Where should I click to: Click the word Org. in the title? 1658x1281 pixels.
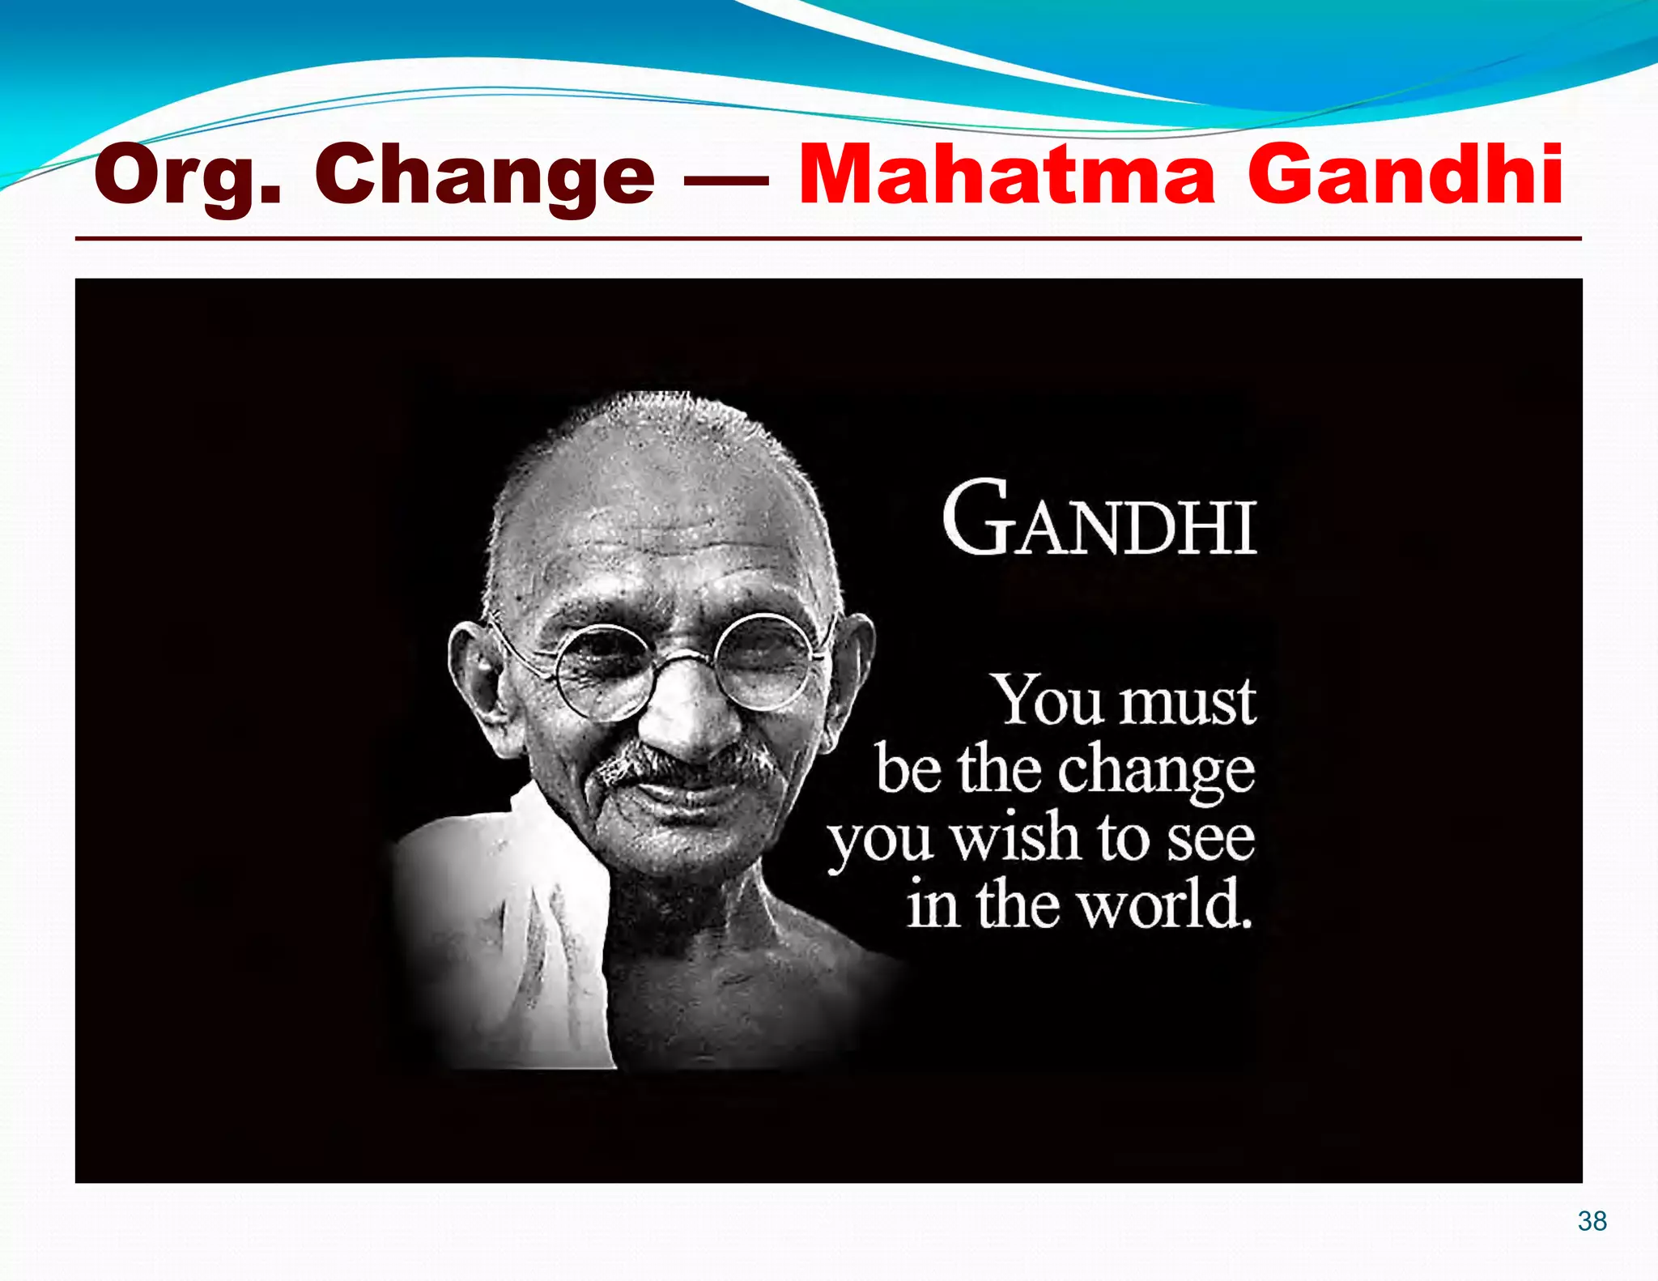tap(188, 175)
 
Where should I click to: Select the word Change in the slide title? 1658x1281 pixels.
tap(484, 175)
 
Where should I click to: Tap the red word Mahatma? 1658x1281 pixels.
tap(1006, 173)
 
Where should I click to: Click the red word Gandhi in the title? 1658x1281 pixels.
tap(1405, 173)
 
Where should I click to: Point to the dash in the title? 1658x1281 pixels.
tap(726, 180)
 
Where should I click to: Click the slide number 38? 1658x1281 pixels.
tap(1592, 1220)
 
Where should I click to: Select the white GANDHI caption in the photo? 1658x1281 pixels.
tap(1099, 519)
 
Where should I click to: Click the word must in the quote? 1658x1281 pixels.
tap(1187, 701)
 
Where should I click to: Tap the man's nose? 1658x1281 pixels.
tap(688, 717)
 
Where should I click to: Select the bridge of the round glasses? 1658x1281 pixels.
tap(684, 658)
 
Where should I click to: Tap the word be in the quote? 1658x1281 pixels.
tap(908, 769)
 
